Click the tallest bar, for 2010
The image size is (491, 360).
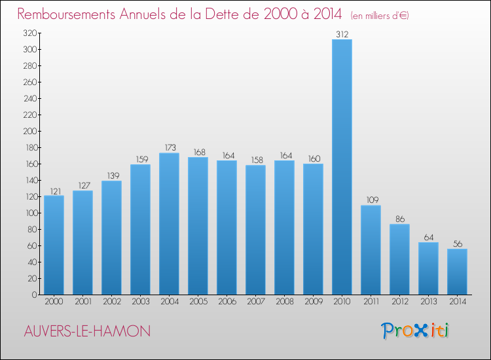click(342, 167)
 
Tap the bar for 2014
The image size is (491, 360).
click(457, 272)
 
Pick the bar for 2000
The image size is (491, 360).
click(54, 245)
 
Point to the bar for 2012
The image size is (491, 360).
click(399, 259)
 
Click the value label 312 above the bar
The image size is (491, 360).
click(342, 34)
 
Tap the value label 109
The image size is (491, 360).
click(371, 200)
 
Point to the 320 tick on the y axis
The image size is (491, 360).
click(29, 33)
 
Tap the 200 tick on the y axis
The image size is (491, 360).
click(29, 131)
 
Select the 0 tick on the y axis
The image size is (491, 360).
click(33, 295)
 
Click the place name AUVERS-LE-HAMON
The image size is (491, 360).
click(85, 331)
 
